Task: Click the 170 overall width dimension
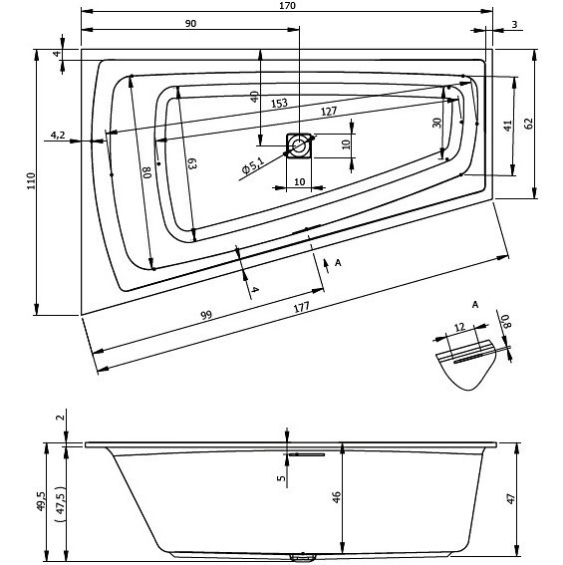coord(287,5)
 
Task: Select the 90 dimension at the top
coord(190,24)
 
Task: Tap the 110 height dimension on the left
coord(31,181)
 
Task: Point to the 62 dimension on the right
coord(529,124)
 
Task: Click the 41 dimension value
coord(508,126)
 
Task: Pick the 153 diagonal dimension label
coord(279,104)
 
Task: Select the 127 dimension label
coord(329,111)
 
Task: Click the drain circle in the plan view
coord(299,145)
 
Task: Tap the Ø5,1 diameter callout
coord(253,165)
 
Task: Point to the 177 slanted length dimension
coord(301,307)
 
